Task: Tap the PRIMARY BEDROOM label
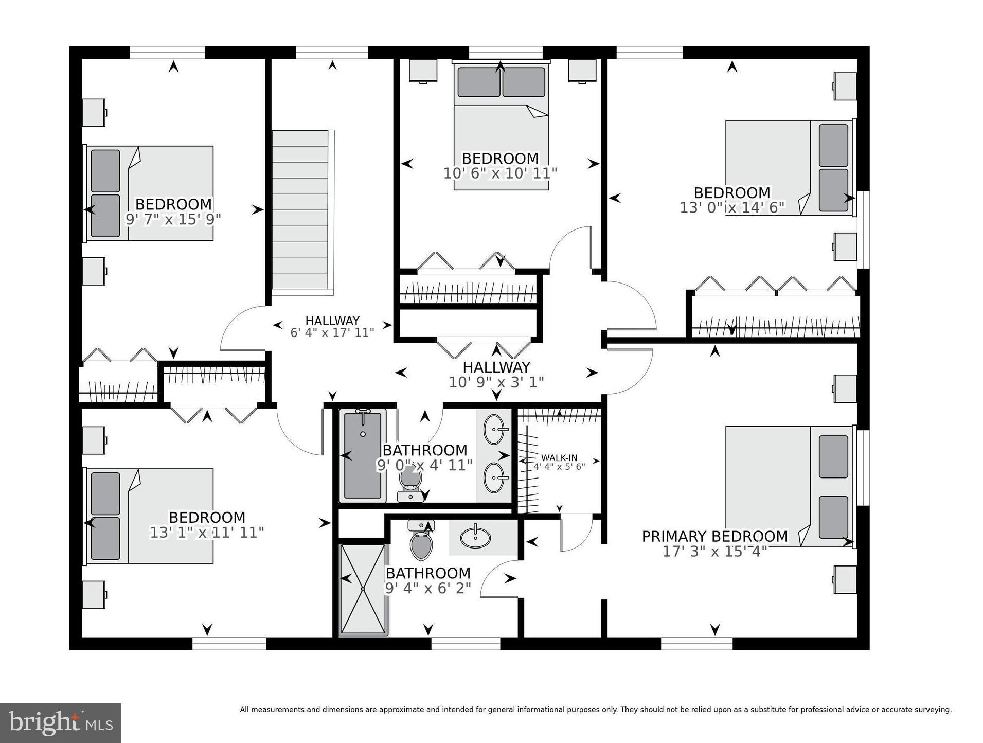click(x=714, y=536)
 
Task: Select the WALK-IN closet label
click(x=559, y=458)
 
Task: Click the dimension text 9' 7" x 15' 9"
click(x=173, y=219)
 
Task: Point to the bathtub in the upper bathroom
click(x=363, y=455)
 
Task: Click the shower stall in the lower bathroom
click(x=363, y=589)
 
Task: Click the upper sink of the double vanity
click(x=495, y=429)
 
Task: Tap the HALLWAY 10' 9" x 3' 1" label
click(x=496, y=374)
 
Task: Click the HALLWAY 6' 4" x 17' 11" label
click(x=332, y=326)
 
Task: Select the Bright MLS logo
click(x=60, y=723)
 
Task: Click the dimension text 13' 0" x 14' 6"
click(x=731, y=207)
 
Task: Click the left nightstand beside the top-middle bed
click(x=423, y=70)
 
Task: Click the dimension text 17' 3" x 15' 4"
click(x=714, y=551)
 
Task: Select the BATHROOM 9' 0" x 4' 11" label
click(x=424, y=457)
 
